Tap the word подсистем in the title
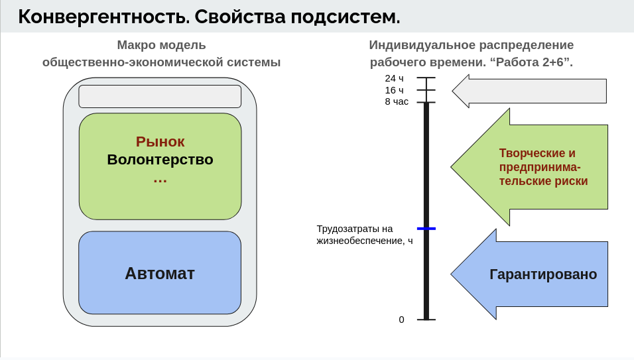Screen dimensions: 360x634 [x=345, y=17]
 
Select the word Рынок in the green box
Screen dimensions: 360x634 [x=160, y=142]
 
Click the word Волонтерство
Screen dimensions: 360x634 [x=160, y=160]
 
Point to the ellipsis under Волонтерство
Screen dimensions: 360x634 [x=160, y=179]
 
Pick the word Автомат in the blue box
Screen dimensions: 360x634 [x=160, y=273]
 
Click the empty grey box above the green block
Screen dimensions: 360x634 [x=160, y=96]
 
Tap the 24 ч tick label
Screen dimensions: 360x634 [x=394, y=78]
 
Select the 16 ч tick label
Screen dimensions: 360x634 [x=394, y=90]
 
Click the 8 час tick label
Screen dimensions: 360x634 [x=397, y=102]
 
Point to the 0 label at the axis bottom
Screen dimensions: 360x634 [x=401, y=320]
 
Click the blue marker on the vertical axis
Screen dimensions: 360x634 [x=426, y=229]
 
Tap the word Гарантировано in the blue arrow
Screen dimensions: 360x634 [x=543, y=274]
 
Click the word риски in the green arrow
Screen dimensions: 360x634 [x=571, y=181]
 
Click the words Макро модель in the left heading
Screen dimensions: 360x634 [x=161, y=45]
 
